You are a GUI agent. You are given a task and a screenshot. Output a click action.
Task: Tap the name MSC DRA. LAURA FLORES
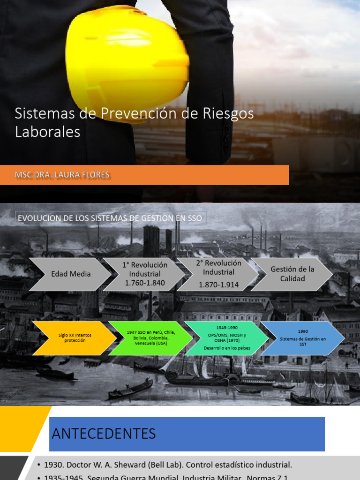pos(62,175)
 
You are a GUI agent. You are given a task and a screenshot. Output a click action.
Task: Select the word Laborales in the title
pos(48,132)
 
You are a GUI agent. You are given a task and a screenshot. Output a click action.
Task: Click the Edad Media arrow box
pos(70,274)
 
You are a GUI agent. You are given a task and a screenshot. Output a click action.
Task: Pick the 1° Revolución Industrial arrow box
pos(145,274)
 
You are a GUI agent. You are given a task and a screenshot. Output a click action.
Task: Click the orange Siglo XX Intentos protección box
pos(75,338)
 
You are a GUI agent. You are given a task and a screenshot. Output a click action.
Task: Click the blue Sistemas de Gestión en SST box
pos(303,338)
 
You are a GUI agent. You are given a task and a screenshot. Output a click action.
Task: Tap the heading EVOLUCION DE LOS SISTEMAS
pos(110,218)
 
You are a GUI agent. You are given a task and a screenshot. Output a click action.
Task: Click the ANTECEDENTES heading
pos(104,434)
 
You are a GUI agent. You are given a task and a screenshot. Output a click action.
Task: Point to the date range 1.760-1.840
pos(145,283)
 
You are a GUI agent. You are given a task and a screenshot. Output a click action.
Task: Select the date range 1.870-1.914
pos(219,285)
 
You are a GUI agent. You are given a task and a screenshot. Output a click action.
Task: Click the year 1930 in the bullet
pos(53,465)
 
